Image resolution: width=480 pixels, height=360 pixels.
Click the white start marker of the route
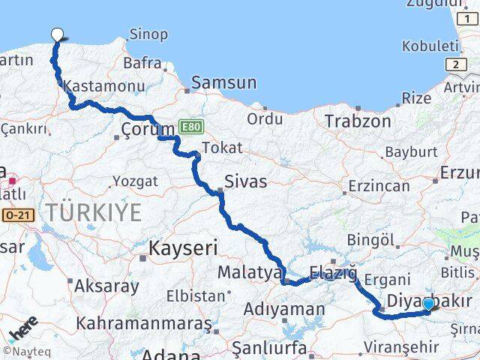(57, 34)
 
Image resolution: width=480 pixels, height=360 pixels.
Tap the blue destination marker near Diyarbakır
(427, 304)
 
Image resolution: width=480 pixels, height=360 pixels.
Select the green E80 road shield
(190, 130)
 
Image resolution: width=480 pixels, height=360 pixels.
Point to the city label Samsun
(223, 82)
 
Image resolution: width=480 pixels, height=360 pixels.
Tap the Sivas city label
(246, 181)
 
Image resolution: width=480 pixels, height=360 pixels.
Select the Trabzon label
(358, 121)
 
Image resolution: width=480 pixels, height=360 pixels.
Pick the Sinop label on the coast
(148, 34)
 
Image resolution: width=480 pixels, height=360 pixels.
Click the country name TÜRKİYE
(93, 213)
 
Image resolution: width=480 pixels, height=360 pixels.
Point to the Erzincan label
(377, 185)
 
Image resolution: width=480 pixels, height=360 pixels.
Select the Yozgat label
(135, 181)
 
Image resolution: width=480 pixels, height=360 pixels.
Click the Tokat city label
(222, 148)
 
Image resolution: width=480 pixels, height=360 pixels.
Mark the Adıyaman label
(284, 308)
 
